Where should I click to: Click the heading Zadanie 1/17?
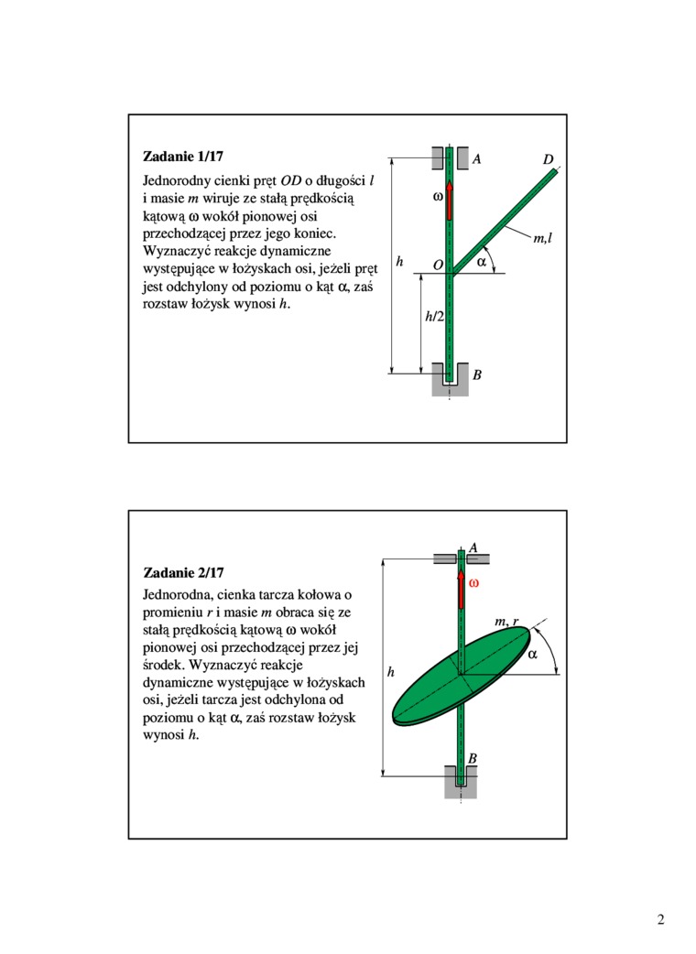tap(183, 155)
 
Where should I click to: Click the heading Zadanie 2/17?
tap(183, 574)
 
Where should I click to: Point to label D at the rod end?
tap(548, 160)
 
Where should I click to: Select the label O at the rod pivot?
tap(438, 265)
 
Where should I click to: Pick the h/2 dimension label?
tap(434, 317)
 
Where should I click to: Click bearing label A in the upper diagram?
tap(477, 159)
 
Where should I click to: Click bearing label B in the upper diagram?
tap(477, 375)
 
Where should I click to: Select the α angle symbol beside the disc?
tap(533, 656)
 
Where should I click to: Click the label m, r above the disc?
tap(506, 623)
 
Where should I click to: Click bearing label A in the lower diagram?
tap(473, 547)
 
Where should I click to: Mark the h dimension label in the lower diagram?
tap(390, 673)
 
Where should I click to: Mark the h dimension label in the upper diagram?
tap(399, 263)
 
